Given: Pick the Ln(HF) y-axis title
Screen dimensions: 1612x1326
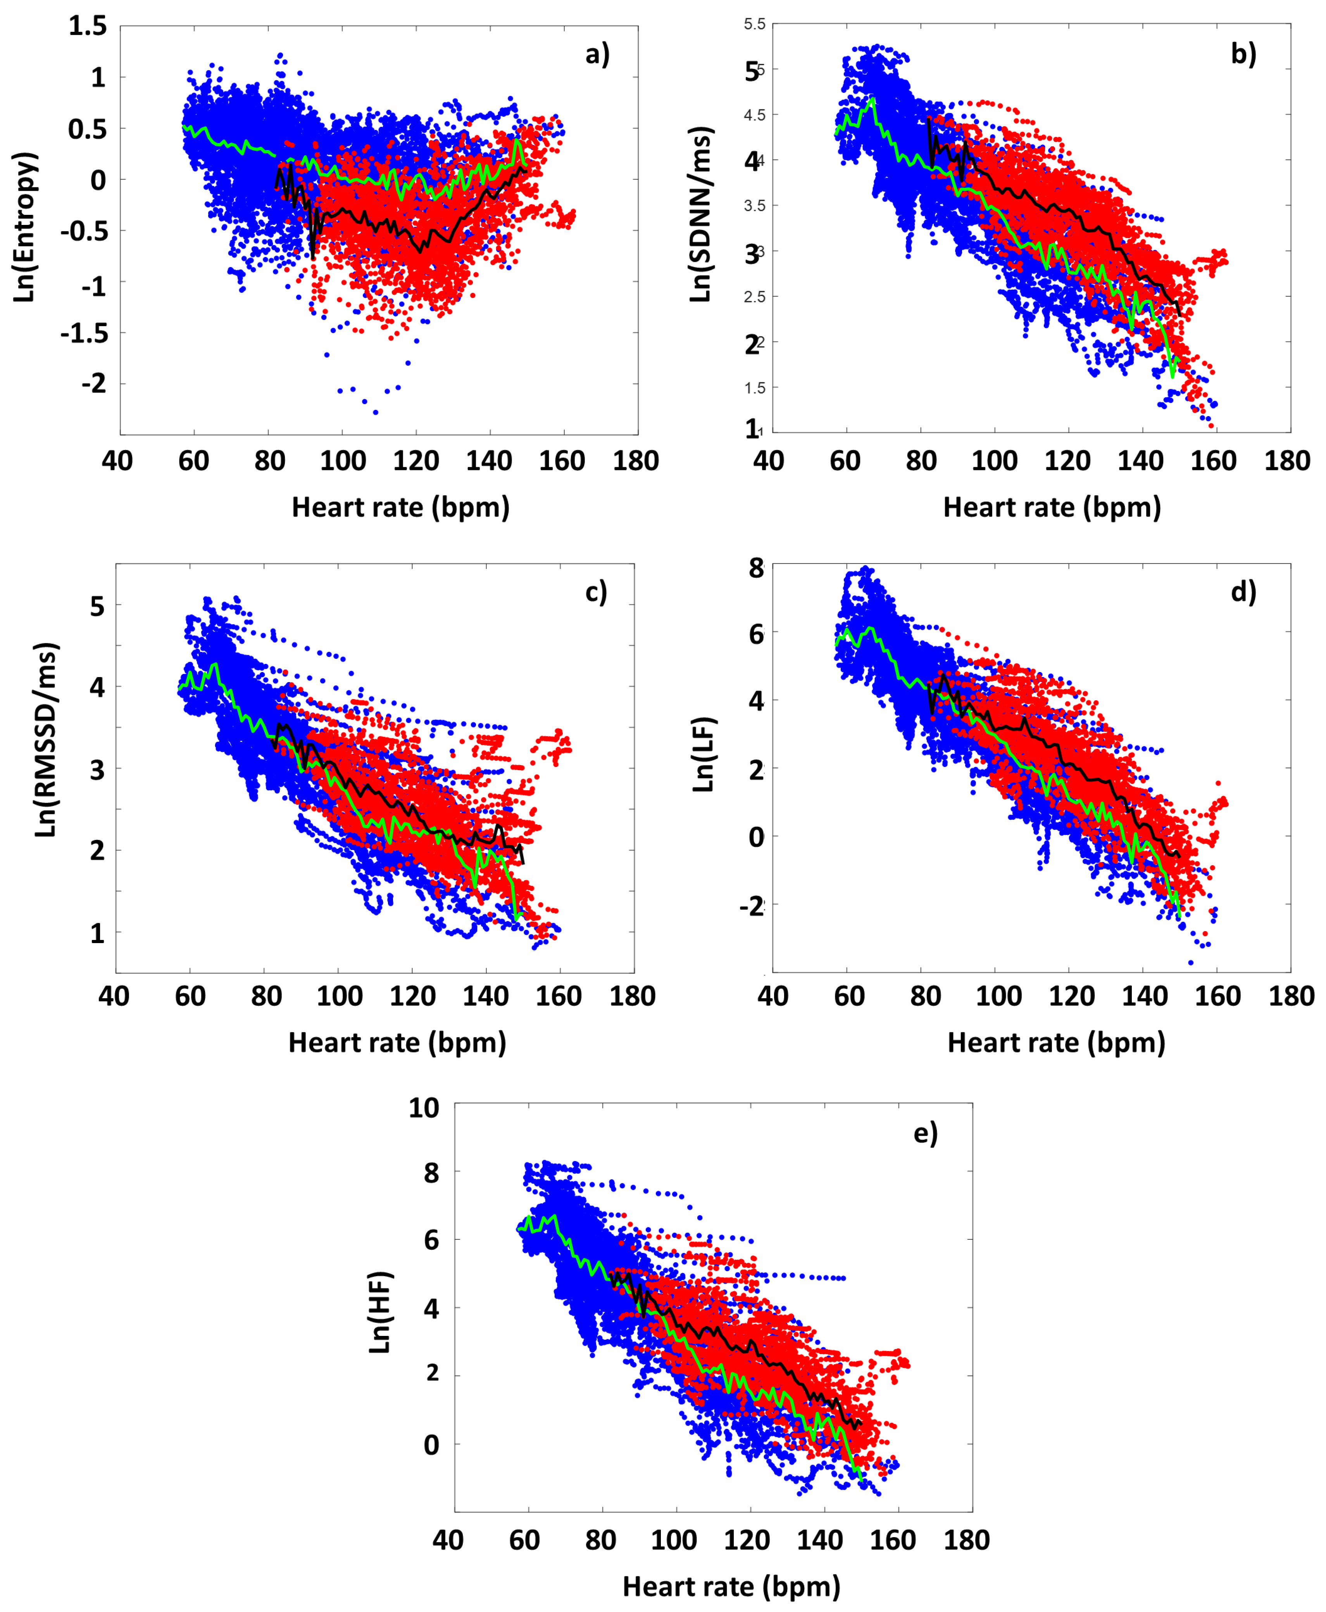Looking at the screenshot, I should pos(379,1312).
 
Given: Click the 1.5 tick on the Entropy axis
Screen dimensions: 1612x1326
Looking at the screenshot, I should pos(88,26).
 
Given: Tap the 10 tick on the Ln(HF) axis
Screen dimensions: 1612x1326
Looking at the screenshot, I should pos(424,1108).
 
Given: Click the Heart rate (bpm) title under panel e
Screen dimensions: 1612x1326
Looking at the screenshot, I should pos(731,1587).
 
